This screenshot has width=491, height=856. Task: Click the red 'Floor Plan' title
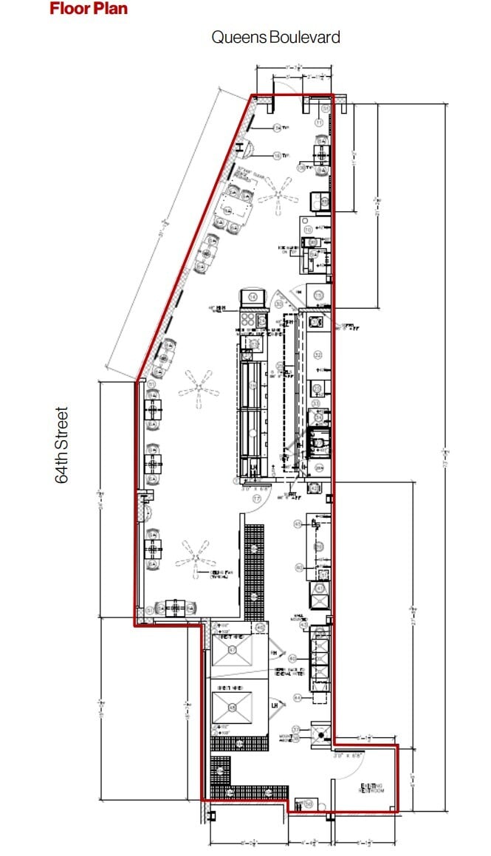(89, 9)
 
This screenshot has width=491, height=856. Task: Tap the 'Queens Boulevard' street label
(275, 37)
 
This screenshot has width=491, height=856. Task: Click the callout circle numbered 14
(253, 297)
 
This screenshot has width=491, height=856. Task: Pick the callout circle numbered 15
(318, 295)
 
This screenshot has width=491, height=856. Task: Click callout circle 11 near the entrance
(321, 123)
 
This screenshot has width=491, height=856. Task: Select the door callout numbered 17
(257, 499)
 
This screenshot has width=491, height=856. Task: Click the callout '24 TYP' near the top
(278, 129)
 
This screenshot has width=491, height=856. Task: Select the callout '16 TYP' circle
(278, 156)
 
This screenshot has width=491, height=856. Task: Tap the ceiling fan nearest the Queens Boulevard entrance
(278, 191)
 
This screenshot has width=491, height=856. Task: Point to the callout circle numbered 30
(280, 304)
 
